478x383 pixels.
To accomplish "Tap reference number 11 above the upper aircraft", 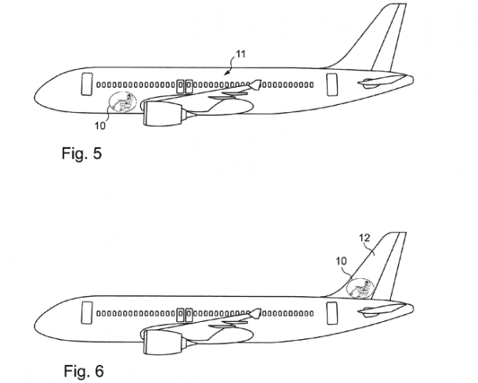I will [241, 54].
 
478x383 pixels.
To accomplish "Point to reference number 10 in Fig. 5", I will [100, 125].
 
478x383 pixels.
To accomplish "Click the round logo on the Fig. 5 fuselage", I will [124, 102].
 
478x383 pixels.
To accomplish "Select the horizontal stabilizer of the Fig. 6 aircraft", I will [371, 311].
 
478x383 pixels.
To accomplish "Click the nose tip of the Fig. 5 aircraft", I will [34, 98].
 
